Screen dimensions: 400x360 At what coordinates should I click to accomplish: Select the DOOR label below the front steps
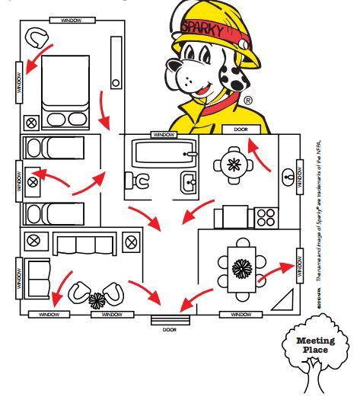coord(168,329)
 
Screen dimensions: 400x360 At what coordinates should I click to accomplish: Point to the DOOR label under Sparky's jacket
coord(241,130)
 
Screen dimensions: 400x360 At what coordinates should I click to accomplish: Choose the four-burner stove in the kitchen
coord(265,217)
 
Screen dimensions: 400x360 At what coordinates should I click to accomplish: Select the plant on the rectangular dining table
coord(243,269)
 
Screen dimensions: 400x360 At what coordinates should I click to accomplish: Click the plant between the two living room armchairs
coord(97,300)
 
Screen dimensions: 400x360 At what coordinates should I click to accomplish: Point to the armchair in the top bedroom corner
coord(37,35)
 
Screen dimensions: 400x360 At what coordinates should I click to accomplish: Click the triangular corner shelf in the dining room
coord(285,299)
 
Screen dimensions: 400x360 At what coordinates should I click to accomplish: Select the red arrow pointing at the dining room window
coord(276,272)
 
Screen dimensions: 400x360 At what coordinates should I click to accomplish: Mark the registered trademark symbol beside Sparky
coord(248,100)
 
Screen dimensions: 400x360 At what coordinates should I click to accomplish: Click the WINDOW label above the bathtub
coord(164,134)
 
